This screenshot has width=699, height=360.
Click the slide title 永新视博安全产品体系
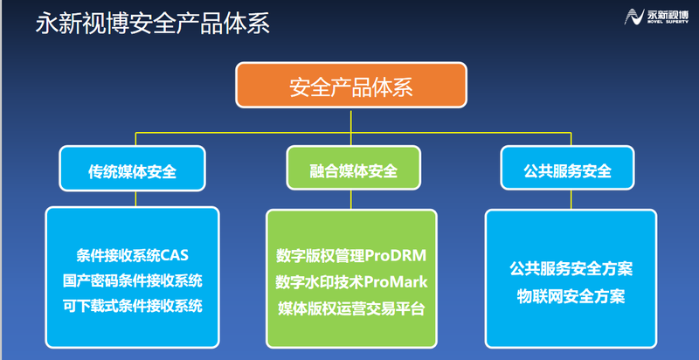152,23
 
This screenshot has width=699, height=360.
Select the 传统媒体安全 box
133,170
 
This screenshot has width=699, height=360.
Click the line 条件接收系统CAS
133,256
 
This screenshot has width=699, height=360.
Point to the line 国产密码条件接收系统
133,280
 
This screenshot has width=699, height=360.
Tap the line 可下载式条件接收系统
133,305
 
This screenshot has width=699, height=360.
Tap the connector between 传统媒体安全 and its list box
133,200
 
